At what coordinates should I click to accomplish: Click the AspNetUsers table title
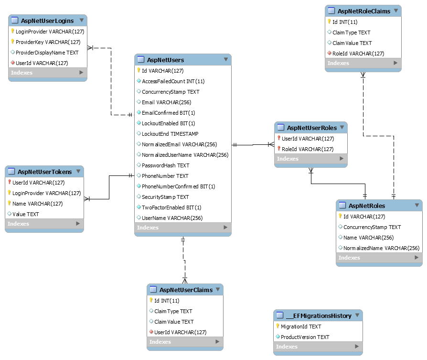tap(165, 60)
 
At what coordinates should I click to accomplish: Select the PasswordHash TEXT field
tap(166, 165)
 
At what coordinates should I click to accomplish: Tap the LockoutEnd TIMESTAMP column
tap(170, 134)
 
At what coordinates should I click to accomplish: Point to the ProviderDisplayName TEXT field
tap(47, 53)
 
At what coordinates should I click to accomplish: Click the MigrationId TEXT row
tap(301, 327)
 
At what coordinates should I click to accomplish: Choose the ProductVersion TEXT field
tap(305, 337)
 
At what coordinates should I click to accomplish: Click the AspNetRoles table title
tap(367, 206)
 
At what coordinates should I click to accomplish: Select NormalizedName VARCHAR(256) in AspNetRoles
tap(381, 248)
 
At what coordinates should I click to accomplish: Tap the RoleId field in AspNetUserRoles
tap(308, 149)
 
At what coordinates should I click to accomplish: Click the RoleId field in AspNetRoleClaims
tap(358, 54)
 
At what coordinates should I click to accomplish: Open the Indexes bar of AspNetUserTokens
tap(44, 224)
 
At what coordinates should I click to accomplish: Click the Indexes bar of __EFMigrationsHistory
tap(318, 347)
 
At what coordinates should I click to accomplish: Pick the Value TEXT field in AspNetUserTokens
tap(26, 214)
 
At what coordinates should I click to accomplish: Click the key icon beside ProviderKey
tap(12, 42)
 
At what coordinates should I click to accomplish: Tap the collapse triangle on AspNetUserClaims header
tap(218, 289)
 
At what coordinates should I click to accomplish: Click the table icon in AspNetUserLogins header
tap(15, 21)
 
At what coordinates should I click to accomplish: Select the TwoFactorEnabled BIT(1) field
tap(171, 207)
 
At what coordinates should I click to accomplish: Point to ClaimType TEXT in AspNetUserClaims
tap(173, 311)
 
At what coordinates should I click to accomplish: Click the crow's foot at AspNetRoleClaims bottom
tap(363, 75)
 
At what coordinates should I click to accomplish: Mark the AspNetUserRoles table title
tap(312, 128)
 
